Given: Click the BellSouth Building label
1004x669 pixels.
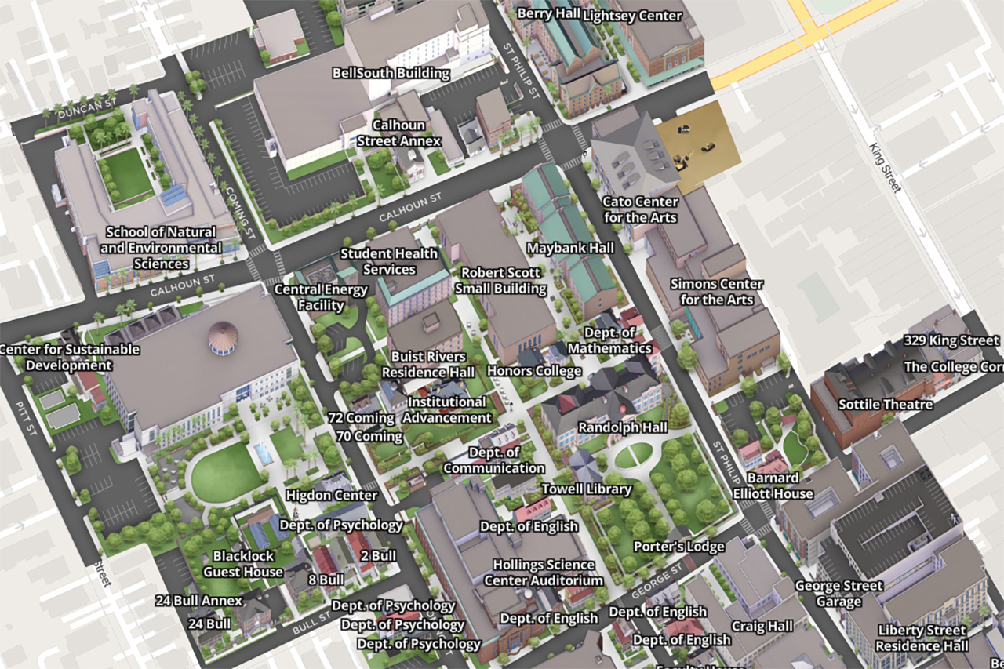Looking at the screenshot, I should [391, 74].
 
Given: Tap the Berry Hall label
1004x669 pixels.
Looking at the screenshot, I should [547, 14].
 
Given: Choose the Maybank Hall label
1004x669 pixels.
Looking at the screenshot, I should [570, 248].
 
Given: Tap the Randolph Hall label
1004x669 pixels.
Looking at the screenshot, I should [622, 427].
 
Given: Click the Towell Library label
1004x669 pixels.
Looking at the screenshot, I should [587, 489].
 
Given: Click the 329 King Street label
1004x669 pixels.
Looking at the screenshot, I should [951, 340].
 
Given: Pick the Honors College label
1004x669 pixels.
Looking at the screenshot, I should [534, 370].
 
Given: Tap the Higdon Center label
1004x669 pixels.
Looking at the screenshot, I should [331, 495].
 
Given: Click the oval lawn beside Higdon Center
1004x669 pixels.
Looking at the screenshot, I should [226, 473].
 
